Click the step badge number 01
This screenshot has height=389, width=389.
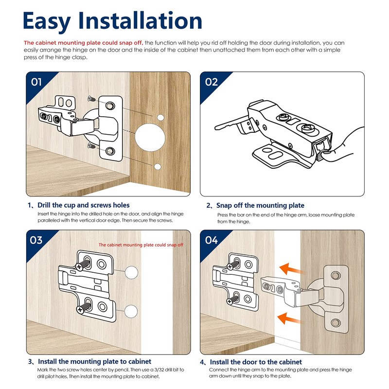[36, 82]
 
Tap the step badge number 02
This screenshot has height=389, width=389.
[212, 82]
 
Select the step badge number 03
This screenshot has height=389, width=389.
[36, 240]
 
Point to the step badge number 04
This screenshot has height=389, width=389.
[212, 240]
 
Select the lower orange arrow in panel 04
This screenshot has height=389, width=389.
[288, 318]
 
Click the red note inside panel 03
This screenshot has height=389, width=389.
[141, 245]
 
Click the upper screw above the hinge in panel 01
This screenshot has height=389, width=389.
[91, 99]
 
